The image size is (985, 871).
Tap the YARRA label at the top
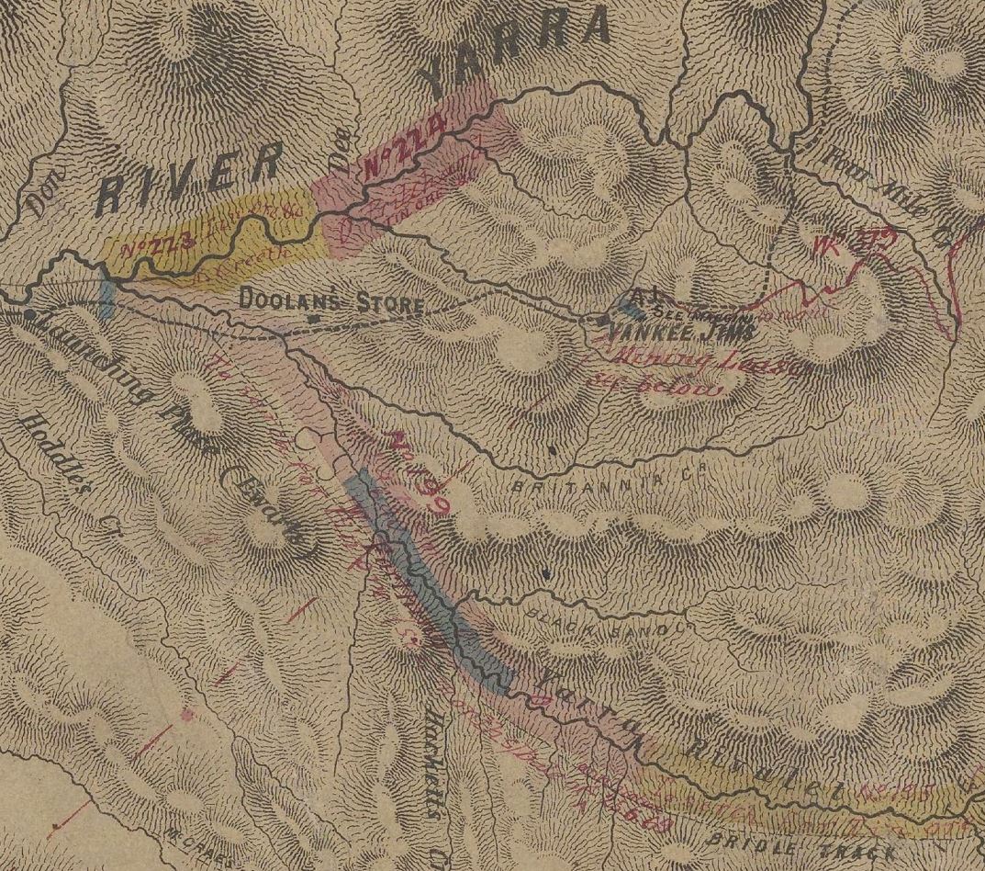pyautogui.click(x=519, y=51)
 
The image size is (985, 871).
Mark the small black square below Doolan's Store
pyautogui.click(x=314, y=320)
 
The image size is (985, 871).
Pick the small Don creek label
pyautogui.click(x=39, y=194)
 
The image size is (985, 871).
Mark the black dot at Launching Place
pyautogui.click(x=31, y=314)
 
